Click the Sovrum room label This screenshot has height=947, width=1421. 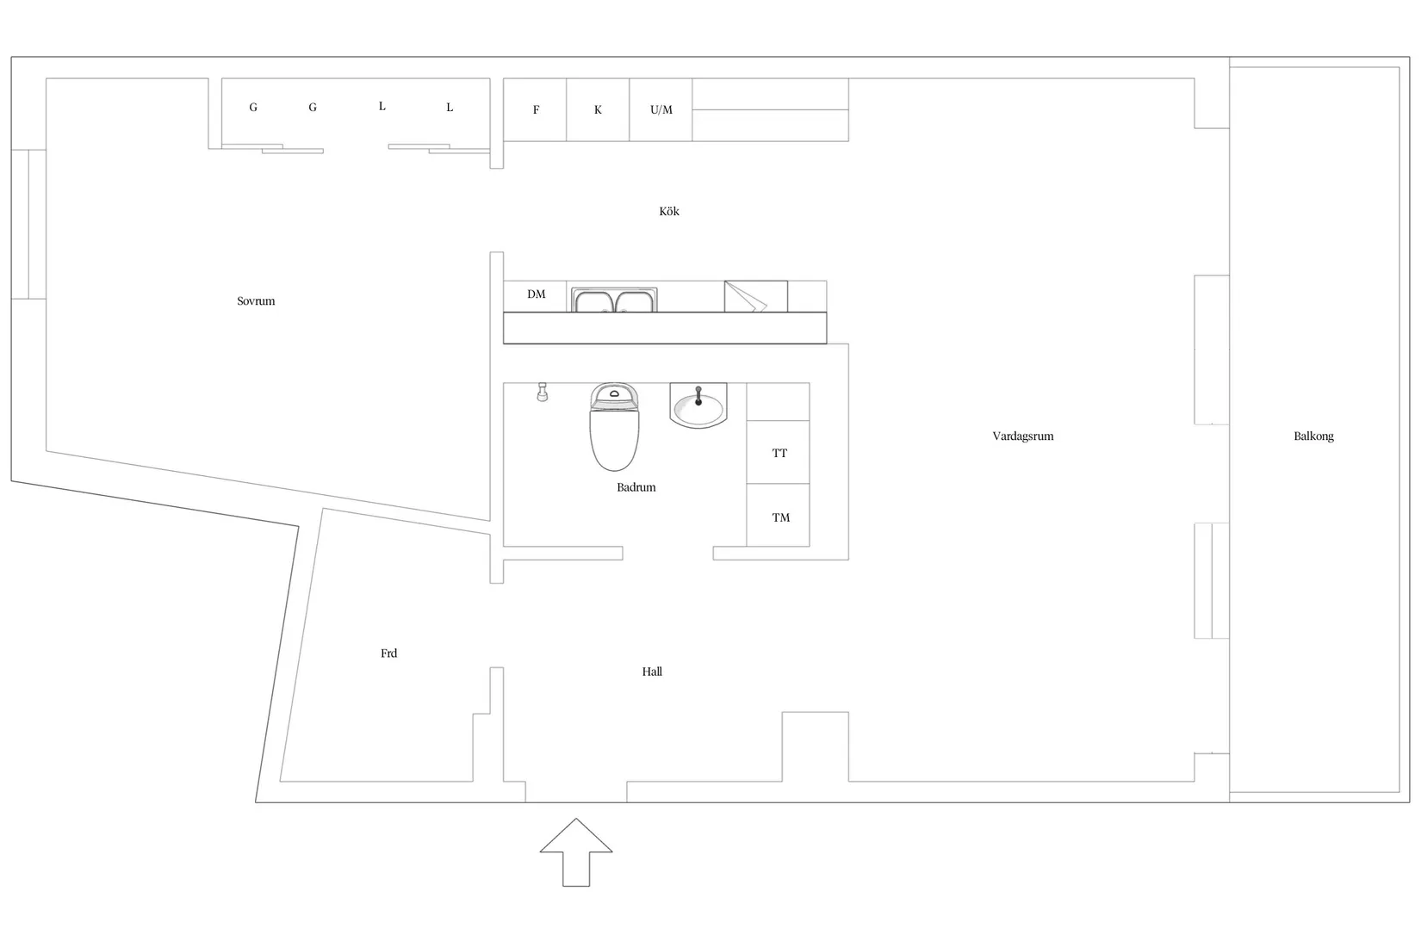(x=256, y=301)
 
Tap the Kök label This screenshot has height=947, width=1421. (x=668, y=211)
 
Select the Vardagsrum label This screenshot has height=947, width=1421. (x=1022, y=436)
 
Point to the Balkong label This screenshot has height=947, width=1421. (x=1313, y=436)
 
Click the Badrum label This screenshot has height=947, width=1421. (x=636, y=487)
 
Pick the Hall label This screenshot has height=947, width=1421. (x=651, y=672)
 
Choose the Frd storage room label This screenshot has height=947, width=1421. (x=388, y=653)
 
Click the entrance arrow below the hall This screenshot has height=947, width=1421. (x=576, y=851)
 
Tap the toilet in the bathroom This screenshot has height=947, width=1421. (x=614, y=427)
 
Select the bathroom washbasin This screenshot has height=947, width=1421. (x=698, y=405)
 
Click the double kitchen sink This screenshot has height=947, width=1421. (x=614, y=300)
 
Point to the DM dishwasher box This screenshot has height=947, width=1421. (x=535, y=296)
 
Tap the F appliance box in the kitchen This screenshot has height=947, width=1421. (x=535, y=109)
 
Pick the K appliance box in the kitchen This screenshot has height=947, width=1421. (x=598, y=109)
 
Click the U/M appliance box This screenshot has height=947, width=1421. (x=661, y=109)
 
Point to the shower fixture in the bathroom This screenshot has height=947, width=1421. (x=543, y=392)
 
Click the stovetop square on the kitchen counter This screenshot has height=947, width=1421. (x=756, y=296)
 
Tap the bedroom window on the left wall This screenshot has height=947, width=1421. (x=28, y=224)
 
